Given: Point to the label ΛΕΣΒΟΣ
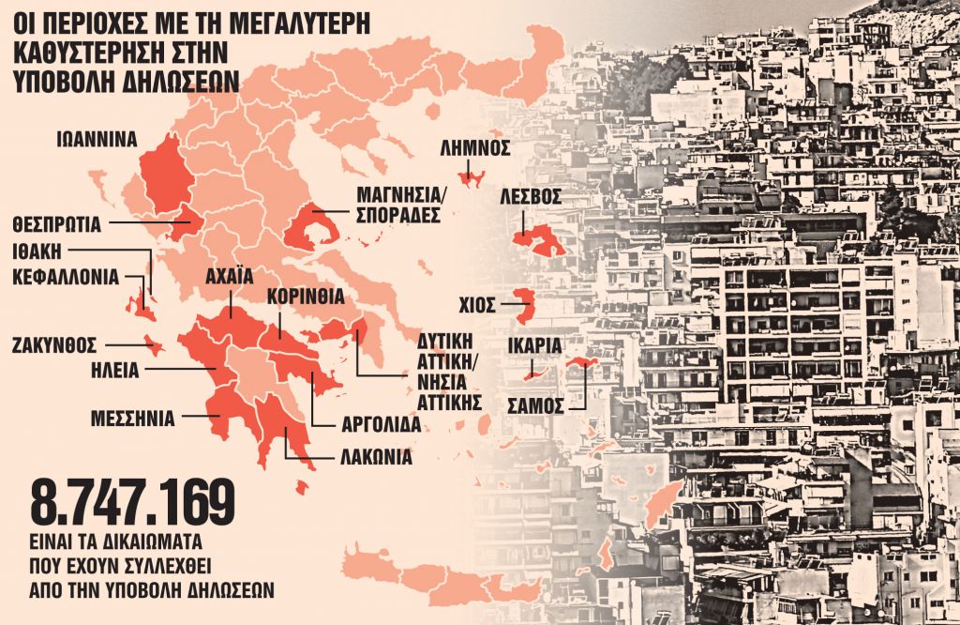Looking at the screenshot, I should (x=530, y=197).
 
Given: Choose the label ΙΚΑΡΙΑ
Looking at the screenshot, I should (x=534, y=346).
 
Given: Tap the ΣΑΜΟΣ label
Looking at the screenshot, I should (x=535, y=405).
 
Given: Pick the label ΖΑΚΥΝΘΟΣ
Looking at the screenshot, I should (x=55, y=344).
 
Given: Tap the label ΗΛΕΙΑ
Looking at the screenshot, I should (x=114, y=369).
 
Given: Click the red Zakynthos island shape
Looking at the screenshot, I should (x=153, y=348).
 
